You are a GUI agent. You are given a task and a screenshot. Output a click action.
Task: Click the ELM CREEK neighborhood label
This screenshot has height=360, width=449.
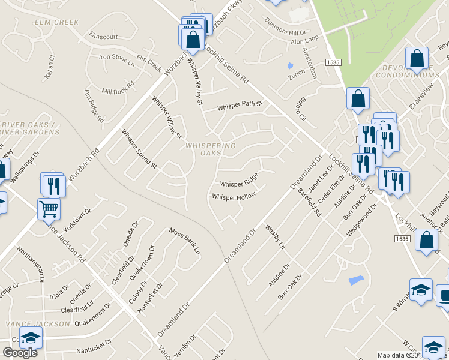pos(58,22)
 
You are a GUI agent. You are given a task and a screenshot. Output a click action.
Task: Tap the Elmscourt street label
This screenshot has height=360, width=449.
pos(103,35)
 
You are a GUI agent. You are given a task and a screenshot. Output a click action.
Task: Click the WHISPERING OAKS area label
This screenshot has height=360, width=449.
pos(210,149)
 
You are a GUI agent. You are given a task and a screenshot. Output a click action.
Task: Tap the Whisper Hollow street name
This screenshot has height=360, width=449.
pos(234,196)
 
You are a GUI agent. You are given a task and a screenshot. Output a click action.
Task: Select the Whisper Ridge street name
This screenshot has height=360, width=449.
pos(239,180)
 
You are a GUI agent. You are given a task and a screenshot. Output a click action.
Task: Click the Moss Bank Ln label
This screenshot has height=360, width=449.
pos(184,241)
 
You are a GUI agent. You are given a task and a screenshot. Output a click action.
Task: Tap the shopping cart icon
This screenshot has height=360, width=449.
pos(49,208)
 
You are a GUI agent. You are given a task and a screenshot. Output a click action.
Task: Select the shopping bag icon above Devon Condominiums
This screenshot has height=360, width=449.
pos(417,58)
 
